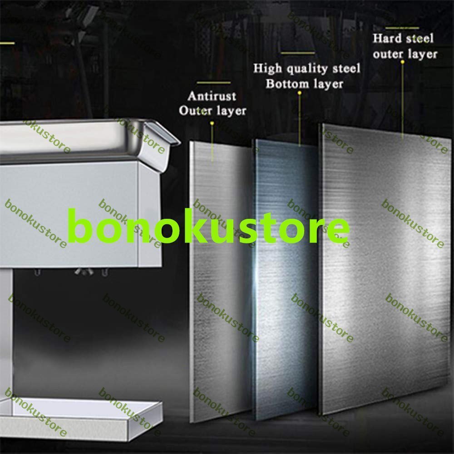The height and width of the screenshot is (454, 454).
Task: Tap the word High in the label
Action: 265,69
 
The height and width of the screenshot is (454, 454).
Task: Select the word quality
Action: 302,69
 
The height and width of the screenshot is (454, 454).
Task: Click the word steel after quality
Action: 345,69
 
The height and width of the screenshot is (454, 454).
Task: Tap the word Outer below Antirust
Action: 193,111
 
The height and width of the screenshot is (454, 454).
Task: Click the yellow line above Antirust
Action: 214,83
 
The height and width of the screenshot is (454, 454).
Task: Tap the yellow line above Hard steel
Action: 402,28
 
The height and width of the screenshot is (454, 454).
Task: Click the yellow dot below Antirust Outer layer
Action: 212,123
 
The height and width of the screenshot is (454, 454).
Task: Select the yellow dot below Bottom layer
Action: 299,93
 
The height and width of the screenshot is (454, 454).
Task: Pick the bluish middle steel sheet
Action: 286,272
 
